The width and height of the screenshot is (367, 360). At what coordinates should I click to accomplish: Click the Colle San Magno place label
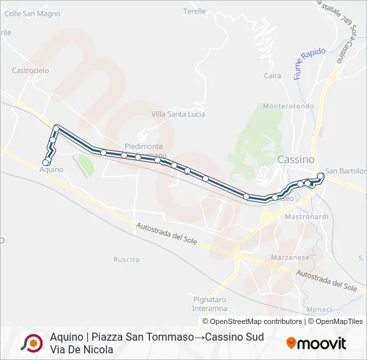[x=33, y=13]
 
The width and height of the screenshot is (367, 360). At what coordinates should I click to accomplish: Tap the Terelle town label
[x=195, y=12]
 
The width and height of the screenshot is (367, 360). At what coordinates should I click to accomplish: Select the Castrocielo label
[x=31, y=70]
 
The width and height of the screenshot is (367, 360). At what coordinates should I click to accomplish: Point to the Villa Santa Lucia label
[x=178, y=115]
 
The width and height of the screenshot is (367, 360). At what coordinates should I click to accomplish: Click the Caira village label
[x=272, y=76]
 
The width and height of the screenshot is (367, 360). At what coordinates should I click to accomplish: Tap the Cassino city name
[x=295, y=160]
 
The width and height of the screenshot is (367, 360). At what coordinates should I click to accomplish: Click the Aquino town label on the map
[x=51, y=170]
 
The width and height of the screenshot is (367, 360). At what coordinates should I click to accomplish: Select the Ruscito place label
[x=126, y=259]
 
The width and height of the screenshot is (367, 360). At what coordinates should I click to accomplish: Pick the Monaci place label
[x=319, y=309]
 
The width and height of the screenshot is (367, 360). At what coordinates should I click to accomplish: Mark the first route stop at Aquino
[x=46, y=162]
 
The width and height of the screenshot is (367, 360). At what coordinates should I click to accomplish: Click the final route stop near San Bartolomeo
[x=321, y=176]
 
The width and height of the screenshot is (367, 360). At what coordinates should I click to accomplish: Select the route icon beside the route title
[x=31, y=343]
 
